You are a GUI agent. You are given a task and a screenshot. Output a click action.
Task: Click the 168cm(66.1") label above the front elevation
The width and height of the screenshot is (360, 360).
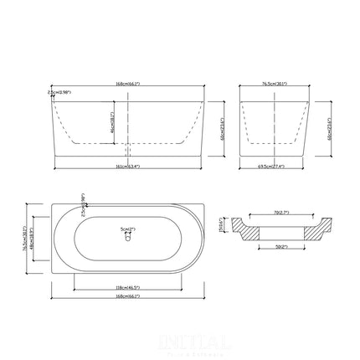pyautogui.click(x=128, y=85)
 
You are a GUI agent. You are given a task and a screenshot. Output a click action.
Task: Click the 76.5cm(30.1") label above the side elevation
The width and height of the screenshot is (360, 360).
pyautogui.click(x=275, y=85)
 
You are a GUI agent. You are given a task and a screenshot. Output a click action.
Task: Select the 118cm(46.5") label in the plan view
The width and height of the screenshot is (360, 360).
pyautogui.click(x=128, y=287)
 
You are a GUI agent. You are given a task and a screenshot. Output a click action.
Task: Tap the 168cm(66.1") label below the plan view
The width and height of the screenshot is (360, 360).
pyautogui.click(x=128, y=300)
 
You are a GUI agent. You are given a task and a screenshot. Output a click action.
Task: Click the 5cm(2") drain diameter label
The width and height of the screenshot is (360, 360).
pyautogui.click(x=128, y=225)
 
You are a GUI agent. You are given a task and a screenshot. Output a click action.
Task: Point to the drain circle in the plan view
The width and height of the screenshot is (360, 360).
pyautogui.click(x=127, y=237)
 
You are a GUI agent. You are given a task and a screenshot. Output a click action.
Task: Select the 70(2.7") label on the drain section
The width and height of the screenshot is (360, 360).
pyautogui.click(x=276, y=214)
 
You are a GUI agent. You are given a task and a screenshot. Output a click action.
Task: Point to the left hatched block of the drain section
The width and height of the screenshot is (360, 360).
pyautogui.click(x=248, y=227)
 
